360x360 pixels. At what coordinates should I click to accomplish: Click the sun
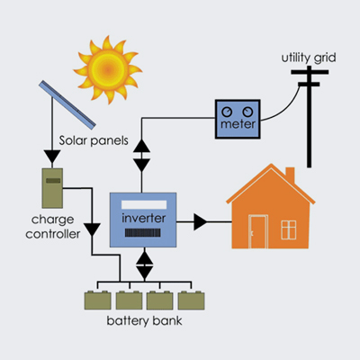pyautogui.click(x=108, y=69)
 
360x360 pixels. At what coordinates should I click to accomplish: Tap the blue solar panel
pyautogui.click(x=67, y=104)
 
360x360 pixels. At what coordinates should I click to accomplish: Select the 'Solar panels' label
pyautogui.click(x=94, y=140)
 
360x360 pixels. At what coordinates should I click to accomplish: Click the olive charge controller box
pyautogui.click(x=52, y=188)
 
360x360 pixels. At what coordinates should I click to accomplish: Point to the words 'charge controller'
pyautogui.click(x=53, y=227)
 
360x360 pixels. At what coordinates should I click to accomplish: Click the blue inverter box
pyautogui.click(x=143, y=220)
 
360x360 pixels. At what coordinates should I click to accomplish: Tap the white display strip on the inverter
pyautogui.click(x=144, y=204)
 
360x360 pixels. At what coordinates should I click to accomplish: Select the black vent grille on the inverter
pyautogui.click(x=143, y=233)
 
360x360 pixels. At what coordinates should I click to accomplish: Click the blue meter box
pyautogui.click(x=238, y=119)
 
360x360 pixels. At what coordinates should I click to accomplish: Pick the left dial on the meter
pyautogui.click(x=227, y=112)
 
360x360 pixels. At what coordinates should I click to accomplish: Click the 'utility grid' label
pyautogui.click(x=309, y=58)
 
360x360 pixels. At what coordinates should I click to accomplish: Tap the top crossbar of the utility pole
pyautogui.click(x=310, y=72)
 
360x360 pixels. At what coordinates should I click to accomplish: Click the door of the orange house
pyautogui.click(x=258, y=232)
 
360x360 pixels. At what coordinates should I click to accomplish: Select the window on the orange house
pyautogui.click(x=289, y=229)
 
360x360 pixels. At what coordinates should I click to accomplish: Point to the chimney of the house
pyautogui.click(x=290, y=175)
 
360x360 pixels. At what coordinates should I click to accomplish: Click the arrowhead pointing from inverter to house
pyautogui.click(x=201, y=222)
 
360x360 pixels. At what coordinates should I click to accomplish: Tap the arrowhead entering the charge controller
pyautogui.click(x=52, y=157)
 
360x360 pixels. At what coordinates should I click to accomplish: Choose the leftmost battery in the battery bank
pyautogui.click(x=98, y=300)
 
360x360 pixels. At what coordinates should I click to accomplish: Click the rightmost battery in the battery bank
pyautogui.click(x=192, y=300)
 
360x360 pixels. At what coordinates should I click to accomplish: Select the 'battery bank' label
pyautogui.click(x=144, y=321)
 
